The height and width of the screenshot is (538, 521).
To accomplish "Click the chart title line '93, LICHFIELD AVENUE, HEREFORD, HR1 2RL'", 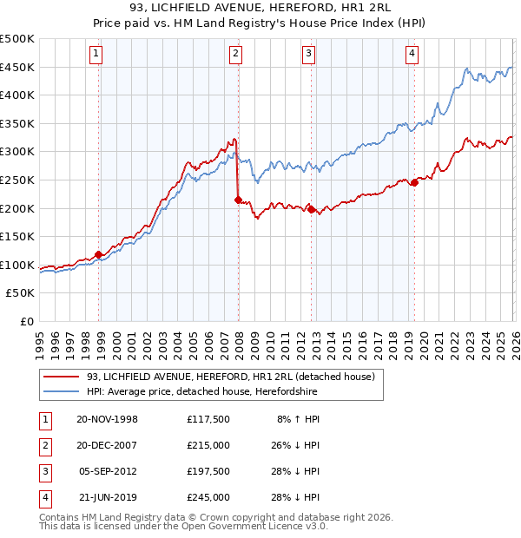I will tap(260, 8).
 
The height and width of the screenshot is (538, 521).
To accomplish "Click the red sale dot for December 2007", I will tap(238, 200).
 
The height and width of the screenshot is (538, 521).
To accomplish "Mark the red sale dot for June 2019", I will tap(415, 182).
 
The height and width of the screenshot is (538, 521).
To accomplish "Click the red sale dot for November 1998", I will tap(98, 254).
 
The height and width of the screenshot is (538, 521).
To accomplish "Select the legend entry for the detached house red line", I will tap(230, 377).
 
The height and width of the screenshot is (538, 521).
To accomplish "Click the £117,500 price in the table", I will tap(208, 419).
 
